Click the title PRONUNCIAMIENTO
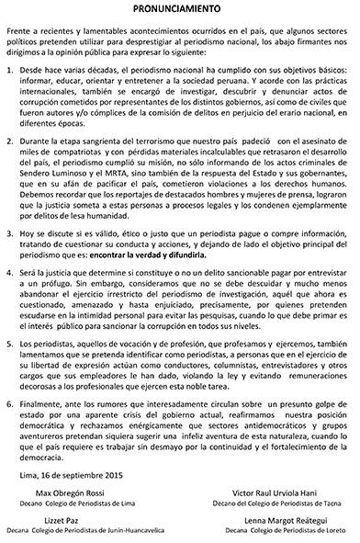tap(180, 8)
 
